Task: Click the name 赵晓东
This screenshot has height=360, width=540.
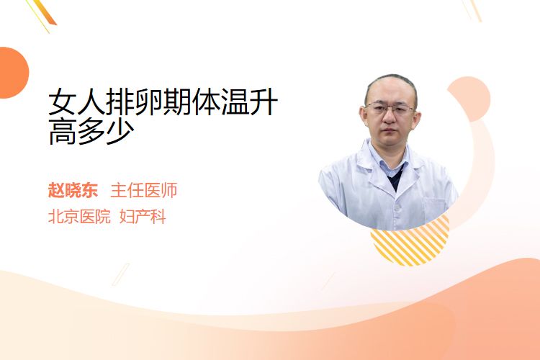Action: coord(73,191)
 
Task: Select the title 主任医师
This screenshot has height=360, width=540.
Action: coord(144,191)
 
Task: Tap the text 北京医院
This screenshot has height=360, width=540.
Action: coord(79,217)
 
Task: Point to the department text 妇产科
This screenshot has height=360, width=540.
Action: coord(143,217)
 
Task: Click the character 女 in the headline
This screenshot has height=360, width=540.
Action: coord(63,102)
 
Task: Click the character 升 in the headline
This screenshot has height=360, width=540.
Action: coord(264,102)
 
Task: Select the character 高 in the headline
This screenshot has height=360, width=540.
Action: coord(63,132)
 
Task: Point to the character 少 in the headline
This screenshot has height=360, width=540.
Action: coord(120,132)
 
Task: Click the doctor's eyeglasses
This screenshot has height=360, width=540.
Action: coord(390,109)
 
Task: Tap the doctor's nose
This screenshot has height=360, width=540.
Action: coord(390,118)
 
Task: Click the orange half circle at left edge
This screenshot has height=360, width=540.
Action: coord(13,73)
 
